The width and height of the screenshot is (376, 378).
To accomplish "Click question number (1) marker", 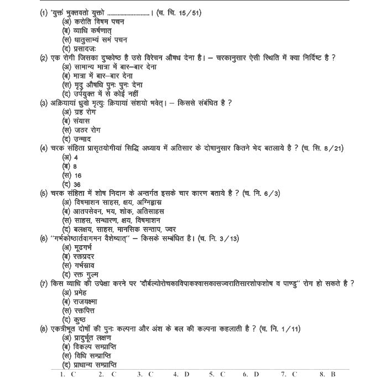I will click(44, 13).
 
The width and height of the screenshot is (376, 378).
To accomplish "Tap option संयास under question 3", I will click(77, 121).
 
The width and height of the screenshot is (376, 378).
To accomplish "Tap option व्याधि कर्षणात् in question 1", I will click(87, 30).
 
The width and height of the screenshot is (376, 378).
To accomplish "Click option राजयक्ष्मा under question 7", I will click(84, 302).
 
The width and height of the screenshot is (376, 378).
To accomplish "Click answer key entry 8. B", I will click(327, 374).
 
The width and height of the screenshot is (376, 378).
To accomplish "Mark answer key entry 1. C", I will click(67, 374).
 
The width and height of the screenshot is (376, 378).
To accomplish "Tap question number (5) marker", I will click(44, 193).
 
